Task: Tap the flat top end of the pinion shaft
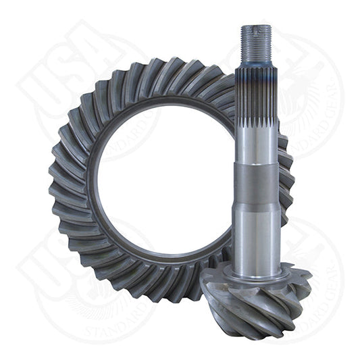[257, 27]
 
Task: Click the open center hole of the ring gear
[162, 176]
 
